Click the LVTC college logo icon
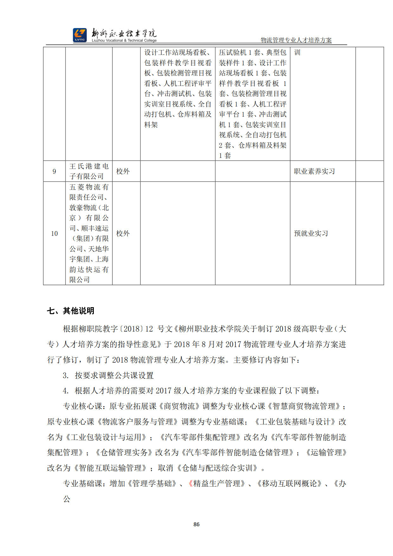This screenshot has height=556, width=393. point(80,35)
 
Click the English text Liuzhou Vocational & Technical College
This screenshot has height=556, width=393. point(124,41)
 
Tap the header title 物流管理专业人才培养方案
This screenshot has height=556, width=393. point(296,40)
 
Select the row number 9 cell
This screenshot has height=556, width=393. point(54,171)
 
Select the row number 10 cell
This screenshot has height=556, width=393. point(54,233)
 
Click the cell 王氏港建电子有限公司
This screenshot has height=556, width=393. point(89,171)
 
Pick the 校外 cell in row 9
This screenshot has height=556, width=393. point(123,171)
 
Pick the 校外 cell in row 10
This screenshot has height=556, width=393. point(123,233)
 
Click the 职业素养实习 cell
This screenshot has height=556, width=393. point(314,171)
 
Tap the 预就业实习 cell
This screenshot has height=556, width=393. point(311,233)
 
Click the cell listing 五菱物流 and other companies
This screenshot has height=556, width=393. point(89,233)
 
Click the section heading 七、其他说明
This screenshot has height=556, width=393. point(71,311)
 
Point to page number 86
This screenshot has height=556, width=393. point(196,524)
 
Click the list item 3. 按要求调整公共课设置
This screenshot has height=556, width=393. point(108,375)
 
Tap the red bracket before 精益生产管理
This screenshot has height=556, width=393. point(190,483)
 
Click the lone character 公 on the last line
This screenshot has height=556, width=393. point(67,499)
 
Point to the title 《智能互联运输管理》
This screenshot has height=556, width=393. point(110,468)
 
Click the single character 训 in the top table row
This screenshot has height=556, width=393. point(297,53)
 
